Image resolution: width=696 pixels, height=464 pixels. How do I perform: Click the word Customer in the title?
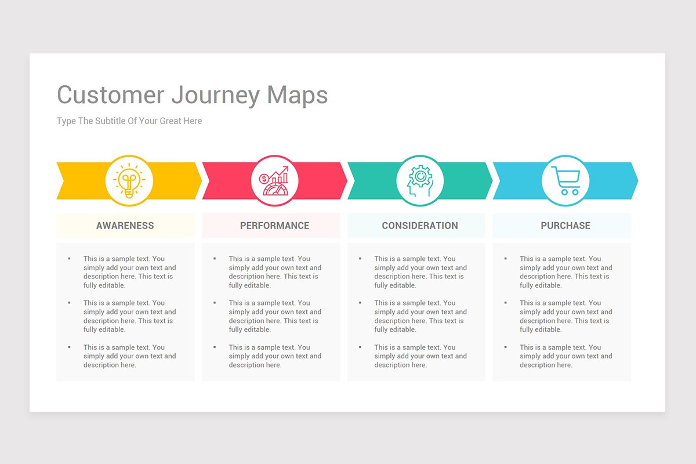tap(111, 95)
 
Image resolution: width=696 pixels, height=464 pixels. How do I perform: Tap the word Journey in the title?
tap(215, 96)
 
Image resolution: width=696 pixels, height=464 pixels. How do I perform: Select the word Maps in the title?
tap(298, 96)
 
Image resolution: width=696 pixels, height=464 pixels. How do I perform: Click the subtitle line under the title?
tap(129, 121)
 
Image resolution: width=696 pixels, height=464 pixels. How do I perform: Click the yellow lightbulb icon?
tap(129, 180)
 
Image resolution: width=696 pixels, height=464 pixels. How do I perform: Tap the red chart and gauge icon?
tap(274, 180)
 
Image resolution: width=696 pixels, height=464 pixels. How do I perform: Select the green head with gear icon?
tap(420, 180)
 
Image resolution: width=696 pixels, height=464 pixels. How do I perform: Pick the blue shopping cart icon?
tap(565, 180)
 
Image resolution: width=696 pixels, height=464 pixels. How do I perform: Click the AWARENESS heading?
tap(125, 226)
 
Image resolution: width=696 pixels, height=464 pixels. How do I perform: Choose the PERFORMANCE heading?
tap(274, 226)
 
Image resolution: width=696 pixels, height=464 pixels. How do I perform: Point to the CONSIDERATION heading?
tap(420, 226)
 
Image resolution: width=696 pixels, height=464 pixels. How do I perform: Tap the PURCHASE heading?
tap(565, 226)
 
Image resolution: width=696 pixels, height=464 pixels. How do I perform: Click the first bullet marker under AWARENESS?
tap(69, 259)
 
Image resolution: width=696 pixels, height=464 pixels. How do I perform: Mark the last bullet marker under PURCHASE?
tap(506, 347)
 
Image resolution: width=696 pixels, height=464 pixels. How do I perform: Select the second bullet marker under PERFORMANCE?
tap(215, 303)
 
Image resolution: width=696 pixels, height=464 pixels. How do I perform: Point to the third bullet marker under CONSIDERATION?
tap(360, 347)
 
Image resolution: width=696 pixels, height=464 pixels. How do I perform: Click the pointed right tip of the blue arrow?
tap(638, 180)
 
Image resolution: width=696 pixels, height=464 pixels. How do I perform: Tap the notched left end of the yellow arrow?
tap(63, 180)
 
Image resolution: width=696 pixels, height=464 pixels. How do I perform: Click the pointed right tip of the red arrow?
tap(347, 180)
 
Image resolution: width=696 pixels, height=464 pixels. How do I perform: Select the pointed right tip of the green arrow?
tap(492, 180)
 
